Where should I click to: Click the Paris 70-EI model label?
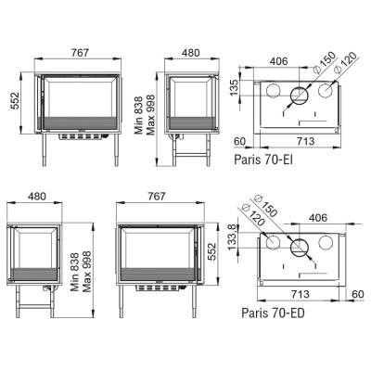(x=263, y=160)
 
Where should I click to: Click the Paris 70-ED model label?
(x=273, y=313)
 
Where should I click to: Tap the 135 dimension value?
(x=235, y=87)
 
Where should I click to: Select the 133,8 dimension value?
(x=232, y=237)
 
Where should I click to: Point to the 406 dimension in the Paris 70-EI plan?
(x=279, y=61)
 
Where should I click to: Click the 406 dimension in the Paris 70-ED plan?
(x=318, y=218)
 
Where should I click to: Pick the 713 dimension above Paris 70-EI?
(x=305, y=141)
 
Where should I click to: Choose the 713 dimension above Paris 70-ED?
(x=301, y=294)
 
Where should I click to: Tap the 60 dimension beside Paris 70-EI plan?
(x=239, y=141)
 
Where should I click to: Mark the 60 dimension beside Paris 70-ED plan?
(x=358, y=294)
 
